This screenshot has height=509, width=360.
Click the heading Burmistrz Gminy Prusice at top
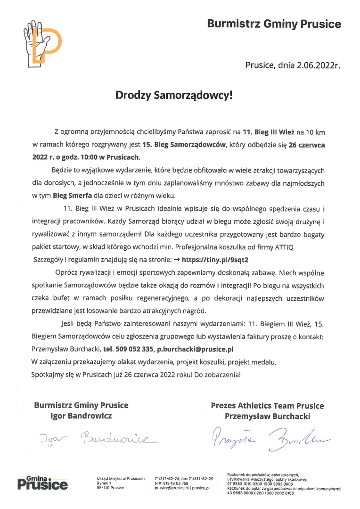tap(274, 24)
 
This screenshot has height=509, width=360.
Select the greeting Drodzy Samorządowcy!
tap(174, 96)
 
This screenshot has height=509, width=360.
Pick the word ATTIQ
tap(295, 247)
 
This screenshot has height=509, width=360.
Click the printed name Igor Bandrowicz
tap(81, 416)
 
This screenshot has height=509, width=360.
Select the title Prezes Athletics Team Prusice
tap(267, 406)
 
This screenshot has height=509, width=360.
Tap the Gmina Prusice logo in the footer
tap(42, 482)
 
